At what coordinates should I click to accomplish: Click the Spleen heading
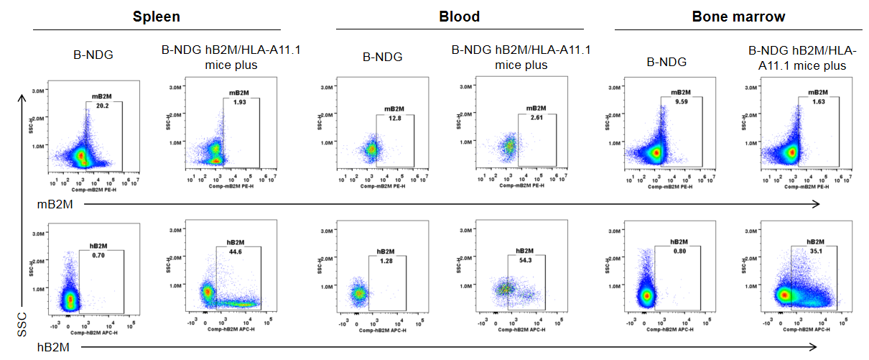(x=156, y=16)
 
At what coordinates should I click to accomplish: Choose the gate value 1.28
(x=387, y=260)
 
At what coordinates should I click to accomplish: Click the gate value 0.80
(x=679, y=251)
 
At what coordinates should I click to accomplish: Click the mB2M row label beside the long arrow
(x=53, y=205)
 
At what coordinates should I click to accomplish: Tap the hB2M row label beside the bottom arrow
(x=53, y=348)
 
